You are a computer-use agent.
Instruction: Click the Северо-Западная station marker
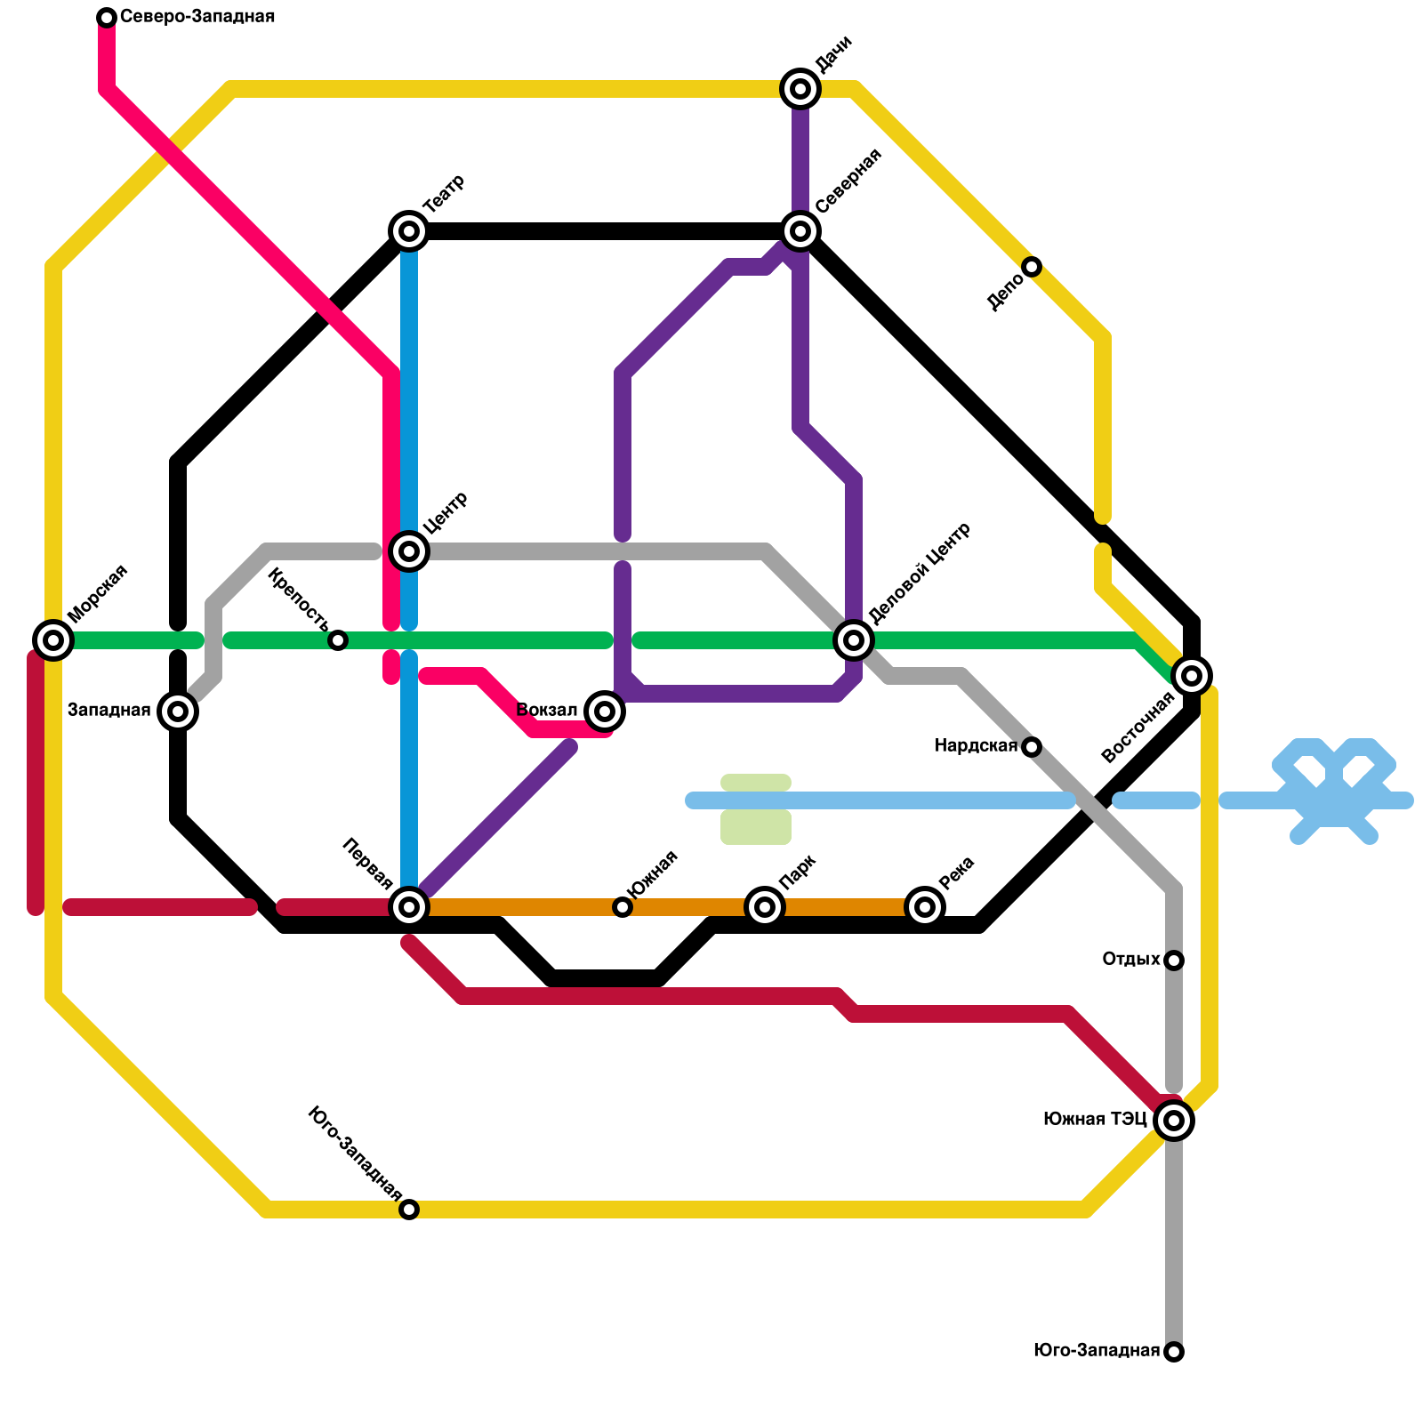click(x=107, y=18)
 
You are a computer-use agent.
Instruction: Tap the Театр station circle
click(x=409, y=231)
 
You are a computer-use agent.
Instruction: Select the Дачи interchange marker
click(x=800, y=88)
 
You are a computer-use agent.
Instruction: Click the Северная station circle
click(x=800, y=231)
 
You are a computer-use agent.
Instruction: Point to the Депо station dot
click(x=1032, y=267)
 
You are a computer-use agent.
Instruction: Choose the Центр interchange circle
click(x=409, y=551)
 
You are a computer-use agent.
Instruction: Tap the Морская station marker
click(x=53, y=639)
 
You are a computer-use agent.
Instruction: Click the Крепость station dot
click(x=338, y=640)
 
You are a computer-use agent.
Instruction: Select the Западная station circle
click(x=178, y=711)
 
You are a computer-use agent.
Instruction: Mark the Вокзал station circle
click(x=605, y=711)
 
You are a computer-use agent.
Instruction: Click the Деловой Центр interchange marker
click(x=854, y=639)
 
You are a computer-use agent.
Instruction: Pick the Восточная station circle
click(x=1192, y=676)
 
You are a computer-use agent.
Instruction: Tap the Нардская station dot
click(x=1032, y=747)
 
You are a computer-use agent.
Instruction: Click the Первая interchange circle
click(x=409, y=907)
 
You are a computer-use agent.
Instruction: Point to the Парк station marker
click(x=765, y=907)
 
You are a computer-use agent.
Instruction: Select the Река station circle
click(x=925, y=907)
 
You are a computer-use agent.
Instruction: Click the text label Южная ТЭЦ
click(x=1095, y=1120)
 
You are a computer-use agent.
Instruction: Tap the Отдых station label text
click(x=1130, y=960)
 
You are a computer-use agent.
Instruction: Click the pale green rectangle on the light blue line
click(x=756, y=808)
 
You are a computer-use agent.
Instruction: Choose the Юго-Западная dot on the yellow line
click(x=409, y=1210)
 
